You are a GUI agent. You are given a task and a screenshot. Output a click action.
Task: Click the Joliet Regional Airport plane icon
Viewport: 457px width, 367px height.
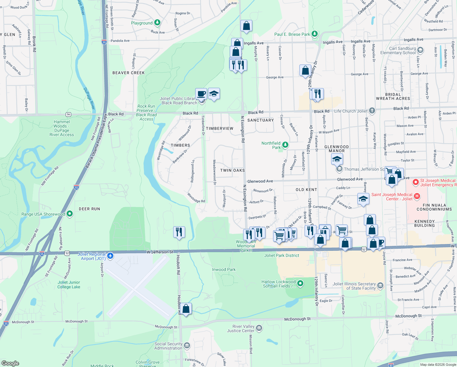coord(110,256)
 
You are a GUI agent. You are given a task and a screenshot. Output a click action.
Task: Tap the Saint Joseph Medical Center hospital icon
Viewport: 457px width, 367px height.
coord(417,196)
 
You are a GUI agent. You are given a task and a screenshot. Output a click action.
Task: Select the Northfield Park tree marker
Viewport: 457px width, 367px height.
coord(285,145)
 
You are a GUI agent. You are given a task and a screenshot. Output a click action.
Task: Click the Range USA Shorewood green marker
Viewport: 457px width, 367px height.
coord(70,214)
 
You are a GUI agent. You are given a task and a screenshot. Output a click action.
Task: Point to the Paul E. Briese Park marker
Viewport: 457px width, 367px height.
coord(315,34)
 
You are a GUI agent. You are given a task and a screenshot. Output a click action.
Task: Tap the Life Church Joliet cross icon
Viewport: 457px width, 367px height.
coord(372,111)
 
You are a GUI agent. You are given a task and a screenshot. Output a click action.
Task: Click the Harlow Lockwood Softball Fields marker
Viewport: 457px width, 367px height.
coord(300,284)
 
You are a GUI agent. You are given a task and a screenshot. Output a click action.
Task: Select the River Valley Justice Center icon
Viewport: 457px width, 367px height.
coord(259,328)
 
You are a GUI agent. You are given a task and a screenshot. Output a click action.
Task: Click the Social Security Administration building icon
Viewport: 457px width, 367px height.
coord(187,346)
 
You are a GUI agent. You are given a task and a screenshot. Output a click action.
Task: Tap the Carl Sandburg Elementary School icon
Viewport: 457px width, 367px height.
coord(420,50)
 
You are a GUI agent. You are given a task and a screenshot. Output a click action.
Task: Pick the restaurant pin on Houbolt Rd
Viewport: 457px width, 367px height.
coord(179,232)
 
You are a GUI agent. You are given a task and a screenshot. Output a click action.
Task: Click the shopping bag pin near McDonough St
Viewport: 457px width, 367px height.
coord(186,309)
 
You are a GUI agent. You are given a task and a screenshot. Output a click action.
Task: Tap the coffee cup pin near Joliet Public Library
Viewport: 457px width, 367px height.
coord(201,94)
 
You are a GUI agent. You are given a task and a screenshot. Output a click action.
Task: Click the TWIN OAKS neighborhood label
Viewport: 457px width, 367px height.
coord(232,170)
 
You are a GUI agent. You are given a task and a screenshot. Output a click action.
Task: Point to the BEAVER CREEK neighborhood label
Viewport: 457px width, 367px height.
coord(128,73)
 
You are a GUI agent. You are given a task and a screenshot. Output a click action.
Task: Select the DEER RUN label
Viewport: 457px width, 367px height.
coord(89,209)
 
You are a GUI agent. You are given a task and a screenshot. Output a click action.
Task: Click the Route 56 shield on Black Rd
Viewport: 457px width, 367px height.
coord(68,114)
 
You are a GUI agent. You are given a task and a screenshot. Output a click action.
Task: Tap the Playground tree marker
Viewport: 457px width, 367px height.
coord(157,22)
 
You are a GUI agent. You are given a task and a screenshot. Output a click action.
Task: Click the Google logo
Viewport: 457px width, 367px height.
coord(10,363)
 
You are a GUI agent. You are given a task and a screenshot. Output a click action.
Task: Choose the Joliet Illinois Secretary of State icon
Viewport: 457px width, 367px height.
coord(380,286)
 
